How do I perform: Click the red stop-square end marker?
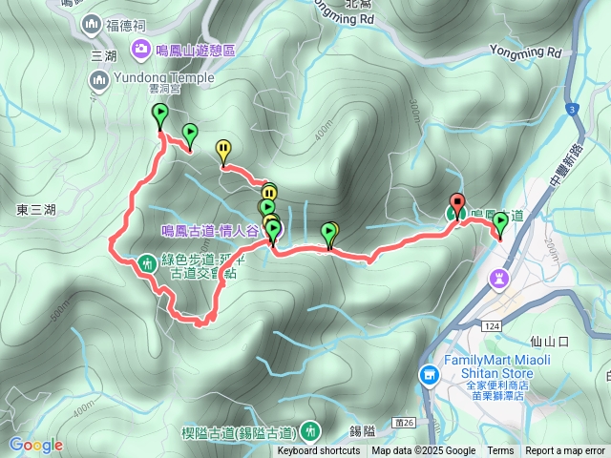457,203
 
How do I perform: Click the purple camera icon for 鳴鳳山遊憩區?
141,49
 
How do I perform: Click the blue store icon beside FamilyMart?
430,375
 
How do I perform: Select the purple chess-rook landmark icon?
498,278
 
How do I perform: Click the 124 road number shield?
491,327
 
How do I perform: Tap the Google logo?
35,445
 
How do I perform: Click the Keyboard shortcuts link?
319,451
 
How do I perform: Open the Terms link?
500,451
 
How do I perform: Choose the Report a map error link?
565,451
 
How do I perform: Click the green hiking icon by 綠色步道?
147,260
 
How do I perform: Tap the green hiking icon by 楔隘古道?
309,430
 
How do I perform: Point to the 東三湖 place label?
35,209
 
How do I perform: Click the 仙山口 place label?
548,341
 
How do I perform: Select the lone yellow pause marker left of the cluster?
223,149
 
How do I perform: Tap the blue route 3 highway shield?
571,110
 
